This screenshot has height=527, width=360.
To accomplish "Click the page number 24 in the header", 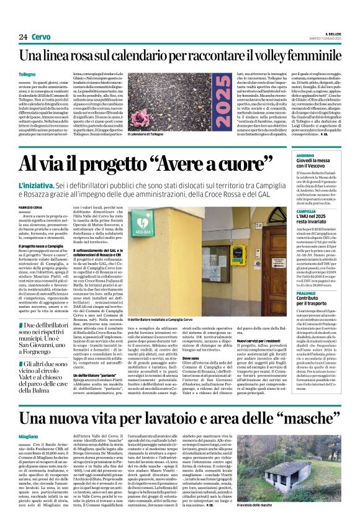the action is (x=24, y=37).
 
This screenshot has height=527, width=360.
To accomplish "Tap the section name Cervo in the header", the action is (x=41, y=37).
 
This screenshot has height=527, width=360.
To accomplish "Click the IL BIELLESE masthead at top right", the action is (x=334, y=34).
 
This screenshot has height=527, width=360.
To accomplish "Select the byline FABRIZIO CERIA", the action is (x=32, y=206).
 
